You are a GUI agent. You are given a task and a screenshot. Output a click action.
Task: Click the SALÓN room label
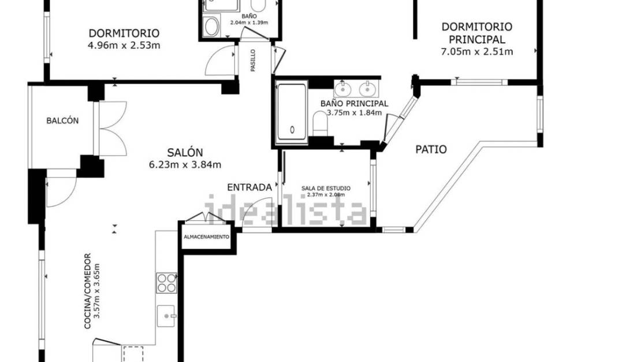[185, 153]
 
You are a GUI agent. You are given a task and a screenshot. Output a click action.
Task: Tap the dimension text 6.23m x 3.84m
[185, 165]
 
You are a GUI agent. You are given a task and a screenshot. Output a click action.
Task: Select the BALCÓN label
[62, 121]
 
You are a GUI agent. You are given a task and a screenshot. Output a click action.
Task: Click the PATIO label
[431, 149]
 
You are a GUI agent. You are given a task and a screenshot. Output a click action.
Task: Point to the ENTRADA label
[249, 187]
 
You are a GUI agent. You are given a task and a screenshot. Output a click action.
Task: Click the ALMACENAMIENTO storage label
[206, 238]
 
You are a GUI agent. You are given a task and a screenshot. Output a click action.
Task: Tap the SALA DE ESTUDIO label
[326, 189]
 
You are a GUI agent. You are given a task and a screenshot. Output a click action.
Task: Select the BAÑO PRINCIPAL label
[354, 104]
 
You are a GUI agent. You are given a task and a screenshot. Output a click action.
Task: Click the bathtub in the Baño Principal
[292, 113]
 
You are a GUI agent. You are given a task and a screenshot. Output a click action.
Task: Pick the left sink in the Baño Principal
[344, 89]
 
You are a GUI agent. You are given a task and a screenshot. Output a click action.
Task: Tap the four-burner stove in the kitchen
[166, 283]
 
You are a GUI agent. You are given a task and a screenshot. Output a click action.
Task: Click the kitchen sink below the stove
[167, 316]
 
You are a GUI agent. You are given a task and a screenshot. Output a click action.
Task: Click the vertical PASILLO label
[253, 60]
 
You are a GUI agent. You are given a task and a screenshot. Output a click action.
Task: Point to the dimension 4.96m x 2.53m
[124, 45]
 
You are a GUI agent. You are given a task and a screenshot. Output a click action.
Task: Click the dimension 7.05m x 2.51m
[477, 51]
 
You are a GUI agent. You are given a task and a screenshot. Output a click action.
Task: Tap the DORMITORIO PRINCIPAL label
[477, 33]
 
